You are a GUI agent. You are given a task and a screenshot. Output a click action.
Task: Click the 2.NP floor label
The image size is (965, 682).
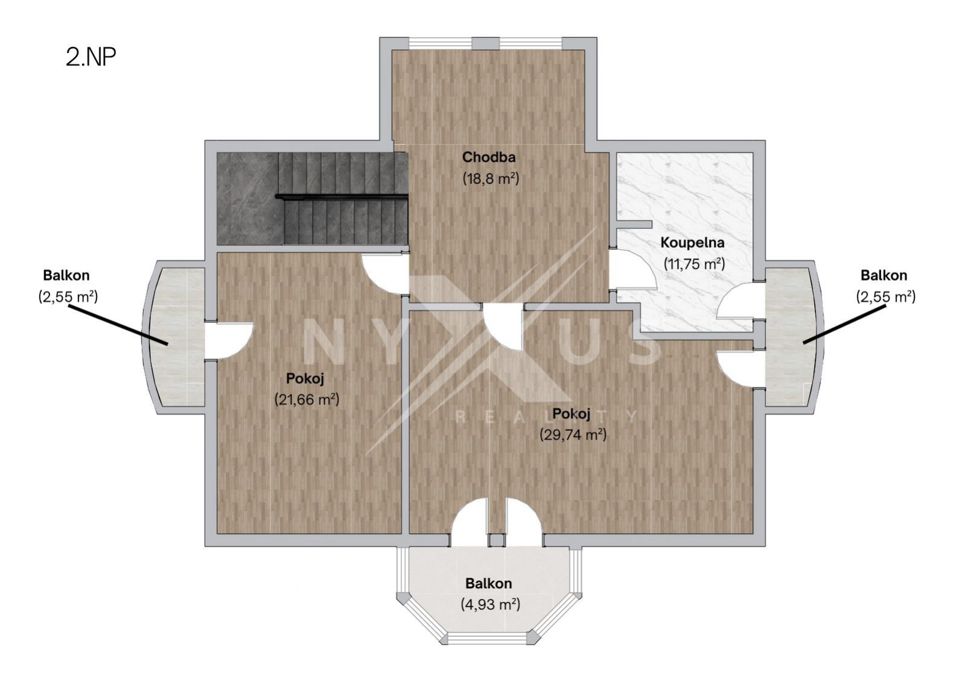pyautogui.click(x=91, y=57)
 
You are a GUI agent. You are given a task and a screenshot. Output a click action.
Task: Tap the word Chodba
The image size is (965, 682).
pyautogui.click(x=489, y=158)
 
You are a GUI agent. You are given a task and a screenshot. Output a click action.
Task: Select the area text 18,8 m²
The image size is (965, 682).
pyautogui.click(x=491, y=179)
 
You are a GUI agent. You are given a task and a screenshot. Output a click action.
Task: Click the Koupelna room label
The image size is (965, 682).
pyautogui.click(x=692, y=243)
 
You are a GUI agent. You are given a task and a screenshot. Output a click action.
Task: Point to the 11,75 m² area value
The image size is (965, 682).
pyautogui.click(x=694, y=264)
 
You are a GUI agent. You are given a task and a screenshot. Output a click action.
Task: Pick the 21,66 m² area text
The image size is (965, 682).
pyautogui.click(x=307, y=400)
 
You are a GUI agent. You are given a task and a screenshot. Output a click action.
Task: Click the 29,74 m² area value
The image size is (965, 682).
pyautogui.click(x=573, y=435)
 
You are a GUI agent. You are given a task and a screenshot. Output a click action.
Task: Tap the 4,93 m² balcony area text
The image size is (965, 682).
pyautogui.click(x=490, y=605)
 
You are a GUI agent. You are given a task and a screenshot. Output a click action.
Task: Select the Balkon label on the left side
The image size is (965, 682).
pyautogui.click(x=66, y=275)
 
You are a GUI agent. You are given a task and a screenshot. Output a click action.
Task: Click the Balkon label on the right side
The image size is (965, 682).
pyautogui.click(x=884, y=275)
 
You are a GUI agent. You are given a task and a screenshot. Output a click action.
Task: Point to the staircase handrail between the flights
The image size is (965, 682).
pyautogui.click(x=342, y=197)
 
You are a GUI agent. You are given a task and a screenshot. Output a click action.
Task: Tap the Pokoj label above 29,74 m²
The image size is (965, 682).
pyautogui.click(x=571, y=414)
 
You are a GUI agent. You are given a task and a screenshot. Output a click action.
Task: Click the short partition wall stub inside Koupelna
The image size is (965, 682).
pyautogui.click(x=634, y=224)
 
